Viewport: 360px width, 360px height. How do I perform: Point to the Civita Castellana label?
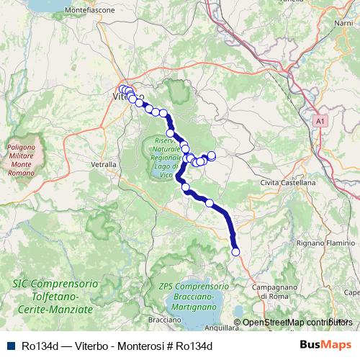[288, 183]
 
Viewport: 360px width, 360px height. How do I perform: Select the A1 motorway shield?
[320, 123]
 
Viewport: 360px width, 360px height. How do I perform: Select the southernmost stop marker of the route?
[235, 251]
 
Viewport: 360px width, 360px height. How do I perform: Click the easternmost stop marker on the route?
[212, 156]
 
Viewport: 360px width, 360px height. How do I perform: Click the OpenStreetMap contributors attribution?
[294, 322]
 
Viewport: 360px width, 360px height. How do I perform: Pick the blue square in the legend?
[9, 346]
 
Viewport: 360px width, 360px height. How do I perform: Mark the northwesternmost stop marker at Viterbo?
[122, 89]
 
